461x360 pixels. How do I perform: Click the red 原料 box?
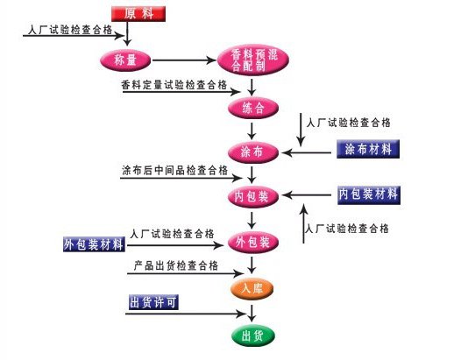coord(138,14)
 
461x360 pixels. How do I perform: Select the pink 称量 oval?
coord(125,60)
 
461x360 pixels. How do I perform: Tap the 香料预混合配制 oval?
coord(253,60)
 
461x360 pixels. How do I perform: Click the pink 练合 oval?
coord(253,108)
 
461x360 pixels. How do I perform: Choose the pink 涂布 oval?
coord(253,152)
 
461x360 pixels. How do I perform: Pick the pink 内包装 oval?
coord(253,196)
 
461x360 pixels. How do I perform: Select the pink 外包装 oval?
coord(253,243)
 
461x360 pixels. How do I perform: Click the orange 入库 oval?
coord(252,288)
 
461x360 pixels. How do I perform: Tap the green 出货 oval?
coord(252,335)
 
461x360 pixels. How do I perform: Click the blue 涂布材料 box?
coord(368,149)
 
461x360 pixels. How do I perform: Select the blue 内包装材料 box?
coord(369,194)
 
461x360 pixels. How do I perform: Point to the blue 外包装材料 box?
coord(94,244)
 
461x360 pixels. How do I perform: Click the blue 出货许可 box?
coord(153,302)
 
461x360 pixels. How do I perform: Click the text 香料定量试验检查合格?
coord(174,85)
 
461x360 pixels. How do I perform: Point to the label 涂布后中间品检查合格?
coord(174,170)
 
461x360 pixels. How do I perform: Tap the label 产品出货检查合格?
coord(176,265)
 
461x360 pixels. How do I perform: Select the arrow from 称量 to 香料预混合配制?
coord(184,60)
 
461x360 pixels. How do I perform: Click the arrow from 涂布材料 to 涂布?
coord(306,152)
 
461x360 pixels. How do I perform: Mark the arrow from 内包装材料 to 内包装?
coord(306,194)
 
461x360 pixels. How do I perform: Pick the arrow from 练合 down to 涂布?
coord(252,131)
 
